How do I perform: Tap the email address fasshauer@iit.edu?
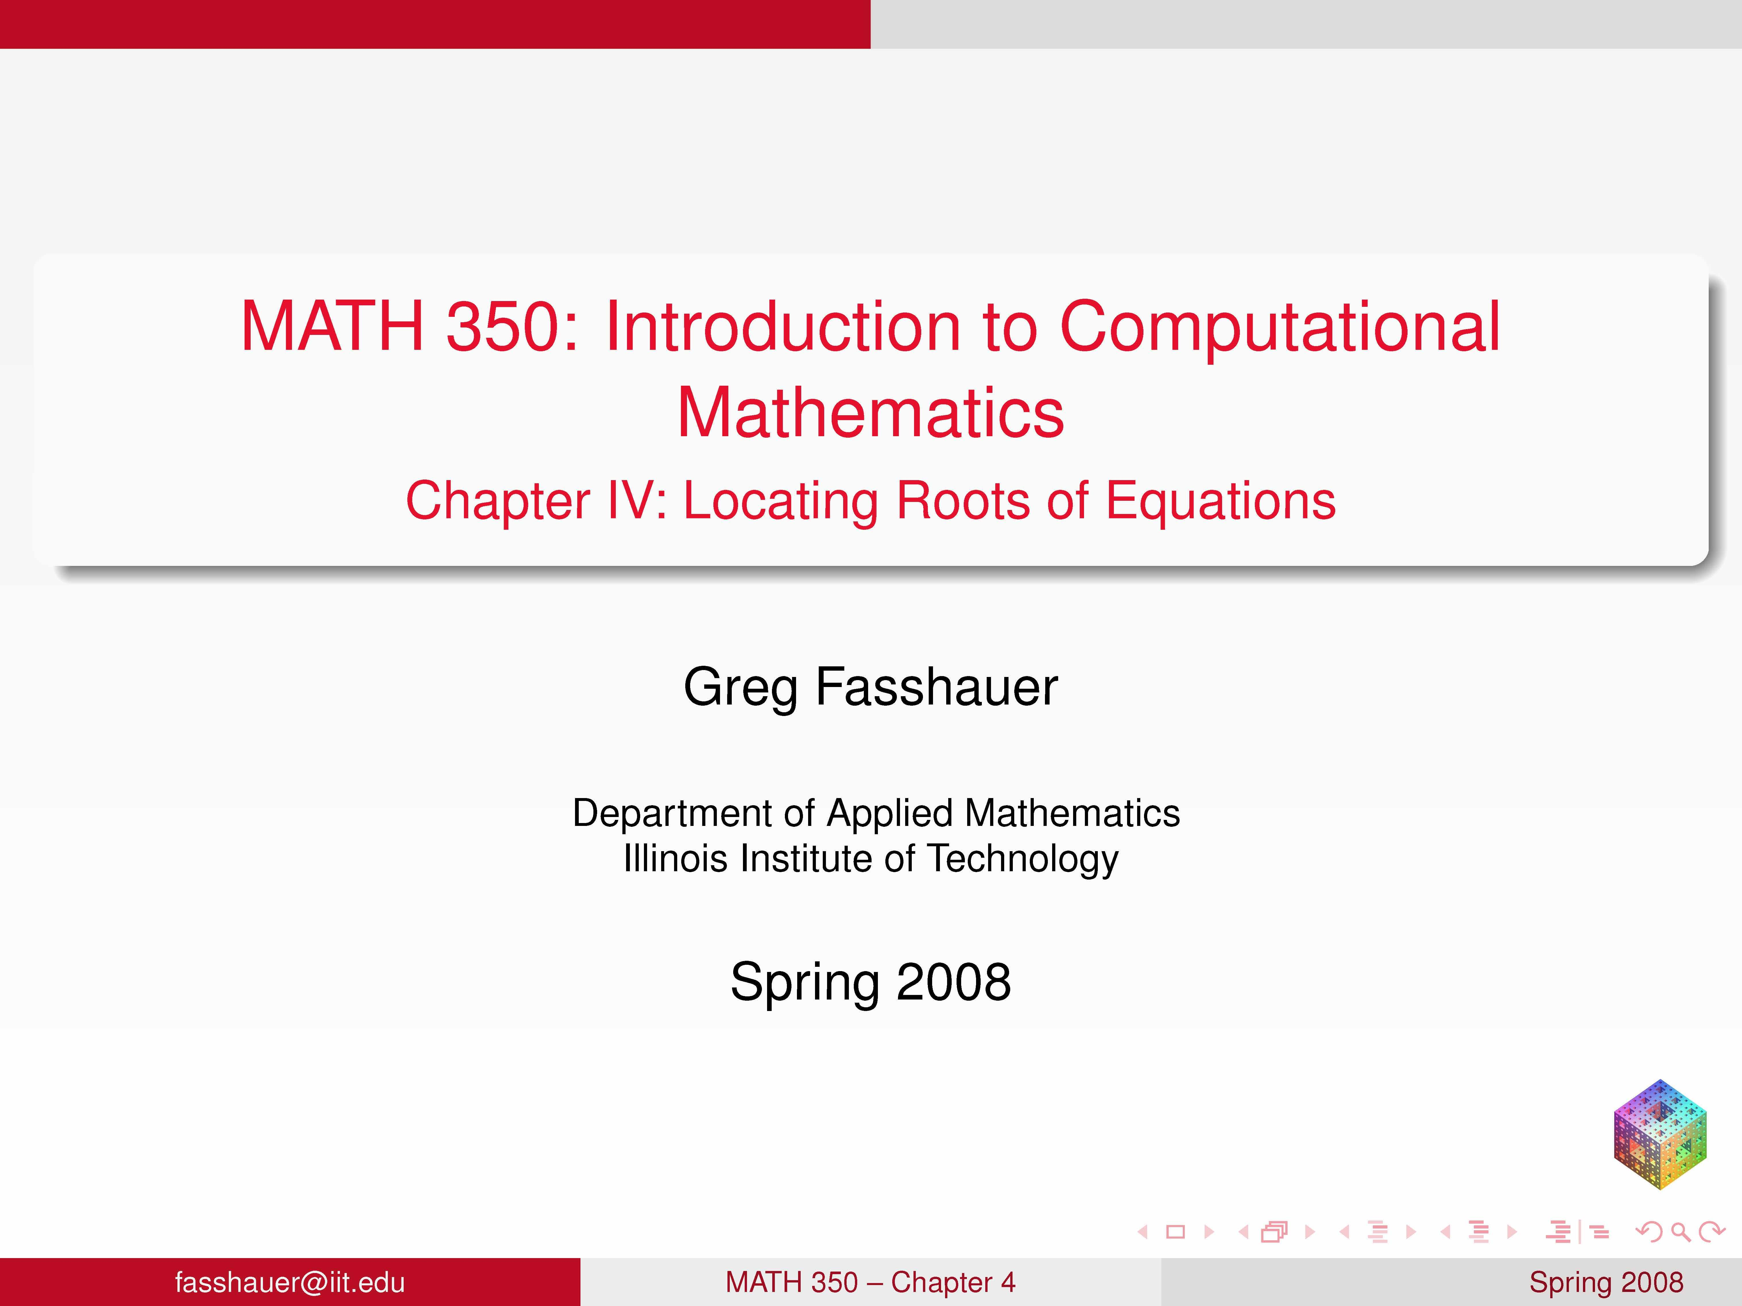click(290, 1282)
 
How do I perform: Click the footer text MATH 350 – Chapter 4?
click(870, 1282)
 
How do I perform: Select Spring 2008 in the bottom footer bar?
click(1606, 1282)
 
